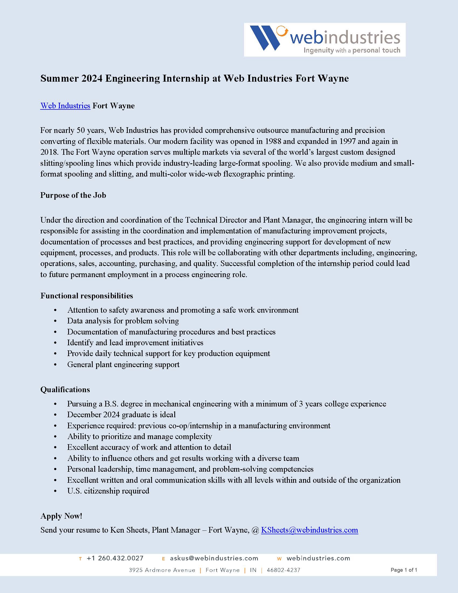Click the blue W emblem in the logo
(265, 38)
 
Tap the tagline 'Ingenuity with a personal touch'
(352, 50)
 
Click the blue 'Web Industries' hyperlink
(65, 106)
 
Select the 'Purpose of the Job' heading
(73, 195)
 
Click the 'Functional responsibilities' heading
(86, 296)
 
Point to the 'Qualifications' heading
(65, 389)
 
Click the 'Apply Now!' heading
(61, 516)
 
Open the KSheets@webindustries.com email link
(309, 530)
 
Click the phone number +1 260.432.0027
(115, 558)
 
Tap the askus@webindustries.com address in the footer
(214, 558)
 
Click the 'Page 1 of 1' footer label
(404, 570)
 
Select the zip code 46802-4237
(283, 570)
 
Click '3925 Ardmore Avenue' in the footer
(162, 570)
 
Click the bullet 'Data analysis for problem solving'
(123, 321)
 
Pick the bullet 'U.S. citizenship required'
(108, 491)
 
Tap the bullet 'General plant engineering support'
(123, 364)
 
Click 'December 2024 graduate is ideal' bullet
(121, 415)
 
